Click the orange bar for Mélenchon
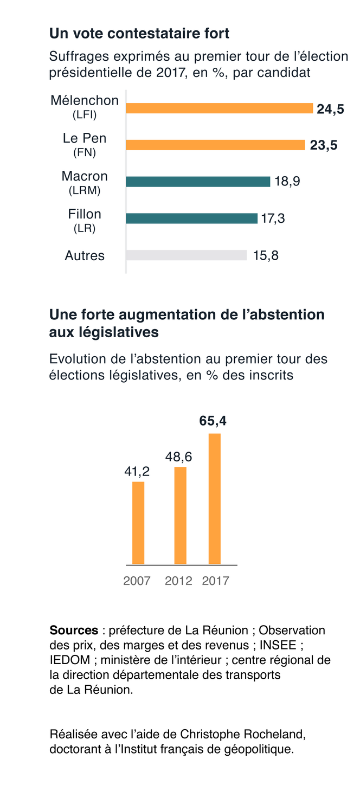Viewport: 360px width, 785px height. click(220, 108)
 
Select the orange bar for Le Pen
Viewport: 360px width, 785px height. click(215, 145)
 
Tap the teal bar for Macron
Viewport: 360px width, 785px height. click(198, 182)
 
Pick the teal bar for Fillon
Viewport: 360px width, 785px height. click(191, 218)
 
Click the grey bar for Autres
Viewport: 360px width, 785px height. click(186, 255)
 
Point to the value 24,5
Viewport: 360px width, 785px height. click(330, 109)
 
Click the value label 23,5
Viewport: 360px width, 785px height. click(324, 145)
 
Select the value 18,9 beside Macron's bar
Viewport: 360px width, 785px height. click(287, 182)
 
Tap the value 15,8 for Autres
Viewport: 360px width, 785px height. click(266, 255)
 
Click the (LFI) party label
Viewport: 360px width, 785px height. click(84, 115)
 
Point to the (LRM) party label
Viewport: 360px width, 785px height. click(84, 191)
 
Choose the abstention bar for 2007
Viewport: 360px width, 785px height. click(138, 523)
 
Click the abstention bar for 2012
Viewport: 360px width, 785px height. click(180, 515)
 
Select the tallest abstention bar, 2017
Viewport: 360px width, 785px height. click(215, 499)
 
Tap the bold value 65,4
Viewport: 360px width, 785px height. click(213, 421)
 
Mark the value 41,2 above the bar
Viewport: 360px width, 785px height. click(137, 472)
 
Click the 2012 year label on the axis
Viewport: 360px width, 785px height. click(178, 581)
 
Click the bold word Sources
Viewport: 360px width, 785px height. click(74, 630)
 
